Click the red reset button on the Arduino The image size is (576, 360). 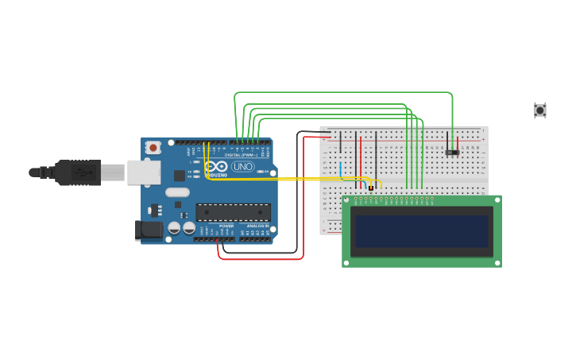point(153,147)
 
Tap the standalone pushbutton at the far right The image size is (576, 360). point(540,110)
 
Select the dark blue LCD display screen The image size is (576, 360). point(421,232)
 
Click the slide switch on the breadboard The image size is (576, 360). point(452,152)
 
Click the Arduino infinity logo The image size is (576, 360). point(216,167)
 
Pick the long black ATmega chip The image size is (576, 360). point(234,212)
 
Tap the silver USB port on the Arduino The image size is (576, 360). point(143,172)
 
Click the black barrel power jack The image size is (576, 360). point(148,230)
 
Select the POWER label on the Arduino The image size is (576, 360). point(226,226)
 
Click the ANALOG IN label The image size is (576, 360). point(257,226)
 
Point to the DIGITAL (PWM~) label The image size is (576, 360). point(247,155)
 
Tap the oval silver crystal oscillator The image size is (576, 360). point(177,192)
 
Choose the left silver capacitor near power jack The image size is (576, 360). point(174,228)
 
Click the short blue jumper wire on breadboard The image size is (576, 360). point(341,169)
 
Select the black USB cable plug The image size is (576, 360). point(78,172)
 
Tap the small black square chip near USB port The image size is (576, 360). point(180,175)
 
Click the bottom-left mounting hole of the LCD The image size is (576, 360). point(347,261)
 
